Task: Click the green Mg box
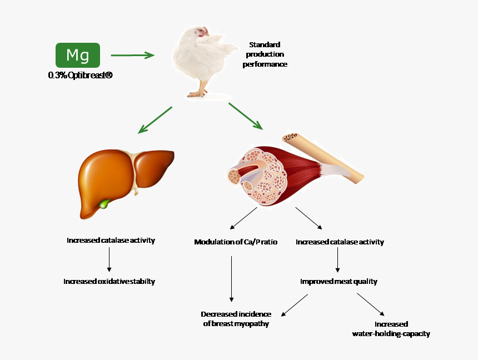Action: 78,55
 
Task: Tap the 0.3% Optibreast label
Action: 80,75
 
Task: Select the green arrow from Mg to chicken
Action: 132,55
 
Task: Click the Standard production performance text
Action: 265,54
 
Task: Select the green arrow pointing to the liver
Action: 155,120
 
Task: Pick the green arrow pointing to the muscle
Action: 245,116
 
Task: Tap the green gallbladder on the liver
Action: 104,204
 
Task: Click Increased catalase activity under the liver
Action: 111,241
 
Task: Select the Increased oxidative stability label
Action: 109,282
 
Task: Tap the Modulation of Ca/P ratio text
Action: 236,242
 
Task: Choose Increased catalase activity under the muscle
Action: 340,242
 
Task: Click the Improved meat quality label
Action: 338,282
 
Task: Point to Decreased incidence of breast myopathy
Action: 236,319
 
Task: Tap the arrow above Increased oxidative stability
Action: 109,259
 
